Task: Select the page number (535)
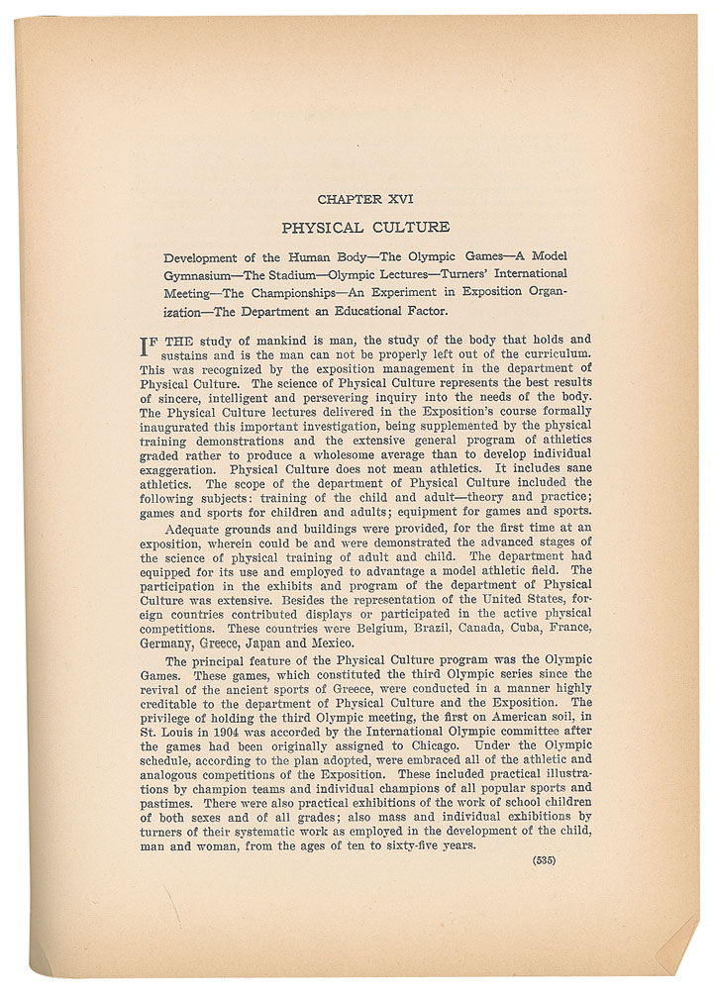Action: pos(544,859)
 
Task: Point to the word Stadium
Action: pos(293,273)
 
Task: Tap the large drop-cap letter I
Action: pos(150,348)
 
